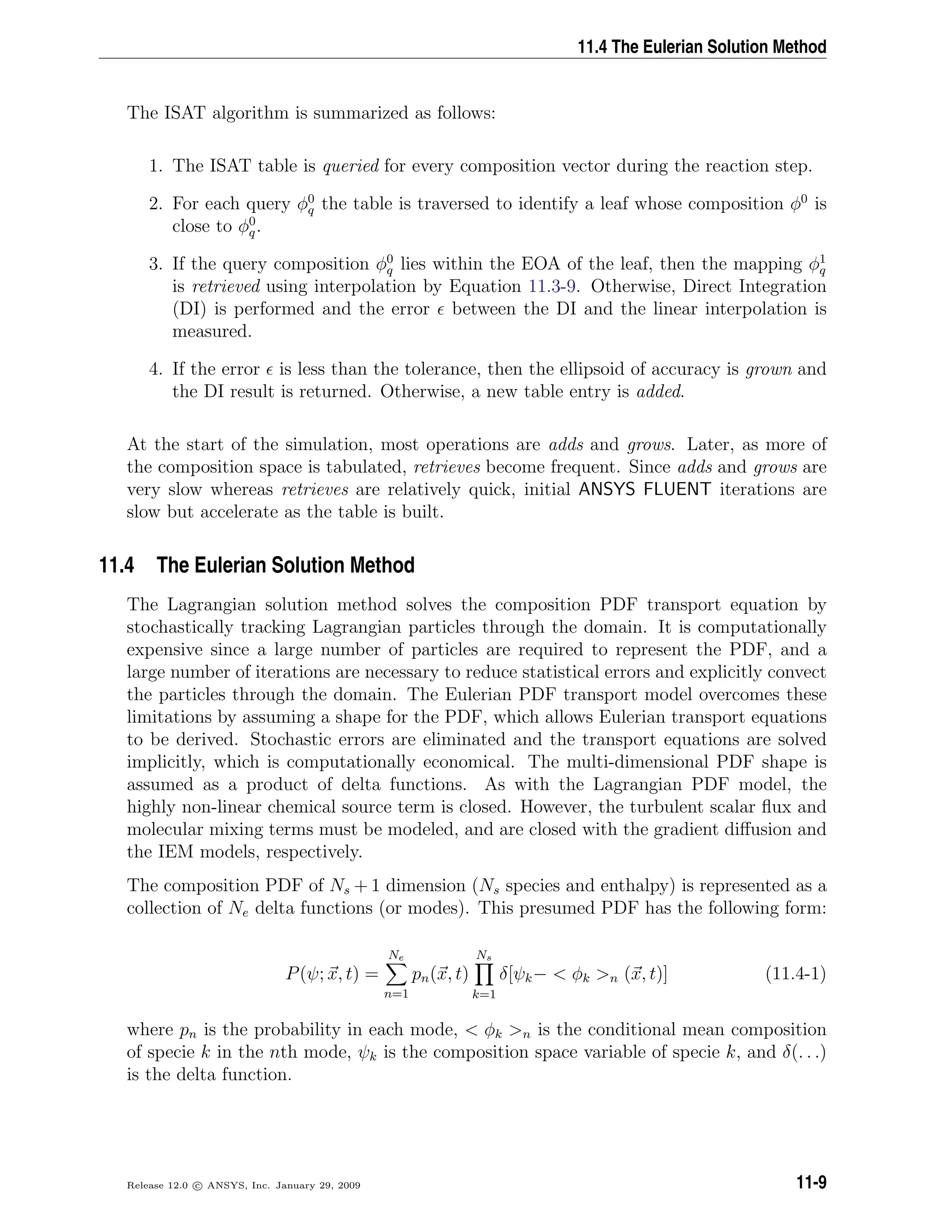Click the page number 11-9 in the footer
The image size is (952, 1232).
pyautogui.click(x=811, y=1182)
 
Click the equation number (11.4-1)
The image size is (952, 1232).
pyautogui.click(x=795, y=974)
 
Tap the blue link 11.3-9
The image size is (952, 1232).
pyautogui.click(x=552, y=286)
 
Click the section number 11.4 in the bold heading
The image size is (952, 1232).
pyautogui.click(x=117, y=565)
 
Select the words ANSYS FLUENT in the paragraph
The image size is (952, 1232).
pyautogui.click(x=645, y=490)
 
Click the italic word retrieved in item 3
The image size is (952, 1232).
pyautogui.click(x=225, y=286)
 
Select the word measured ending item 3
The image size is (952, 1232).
pyautogui.click(x=212, y=331)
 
